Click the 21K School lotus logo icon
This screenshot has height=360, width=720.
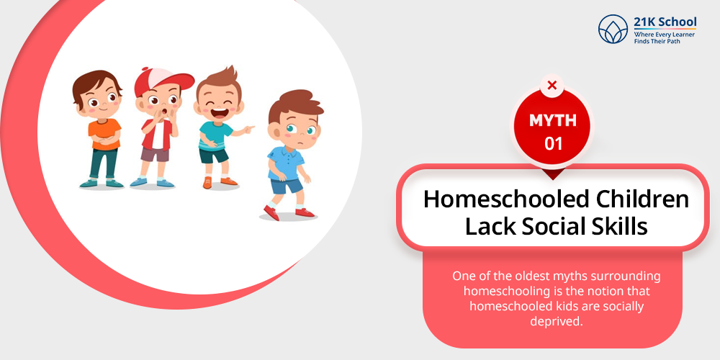[x=613, y=29]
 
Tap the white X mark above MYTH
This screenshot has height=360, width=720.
[x=552, y=85]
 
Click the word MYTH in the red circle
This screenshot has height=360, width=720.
[x=553, y=120]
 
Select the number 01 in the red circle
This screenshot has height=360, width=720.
[x=553, y=144]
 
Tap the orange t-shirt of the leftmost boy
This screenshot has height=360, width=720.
[x=104, y=134]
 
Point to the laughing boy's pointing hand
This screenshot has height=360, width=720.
[x=248, y=129]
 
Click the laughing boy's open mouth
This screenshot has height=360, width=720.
[x=220, y=111]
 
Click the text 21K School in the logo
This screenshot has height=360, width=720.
[x=665, y=22]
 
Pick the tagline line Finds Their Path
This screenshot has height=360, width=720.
[x=657, y=41]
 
